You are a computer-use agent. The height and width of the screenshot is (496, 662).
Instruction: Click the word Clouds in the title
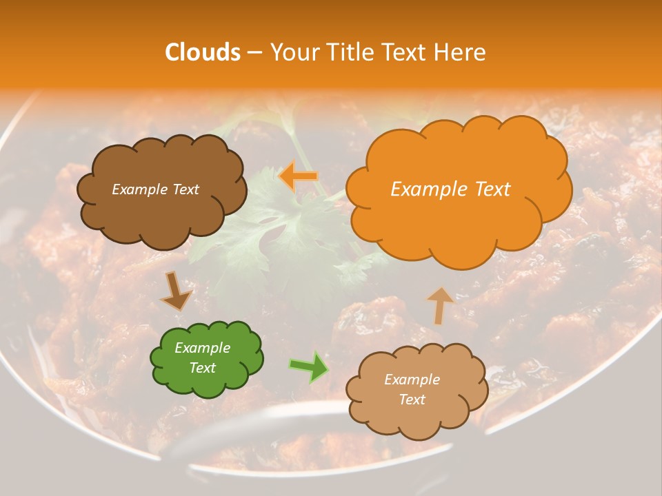(203, 52)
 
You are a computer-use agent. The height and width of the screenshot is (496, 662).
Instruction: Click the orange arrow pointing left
(298, 176)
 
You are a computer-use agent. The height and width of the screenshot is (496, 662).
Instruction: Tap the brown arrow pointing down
(175, 291)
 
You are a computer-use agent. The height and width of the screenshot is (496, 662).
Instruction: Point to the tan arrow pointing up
(440, 304)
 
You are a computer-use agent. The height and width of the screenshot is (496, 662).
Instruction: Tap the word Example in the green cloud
(202, 348)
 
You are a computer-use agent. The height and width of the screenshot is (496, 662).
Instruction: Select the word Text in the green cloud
(202, 368)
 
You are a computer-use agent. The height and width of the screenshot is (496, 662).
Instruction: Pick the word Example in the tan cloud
(412, 380)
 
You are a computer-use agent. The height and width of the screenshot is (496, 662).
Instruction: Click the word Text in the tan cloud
(412, 400)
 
